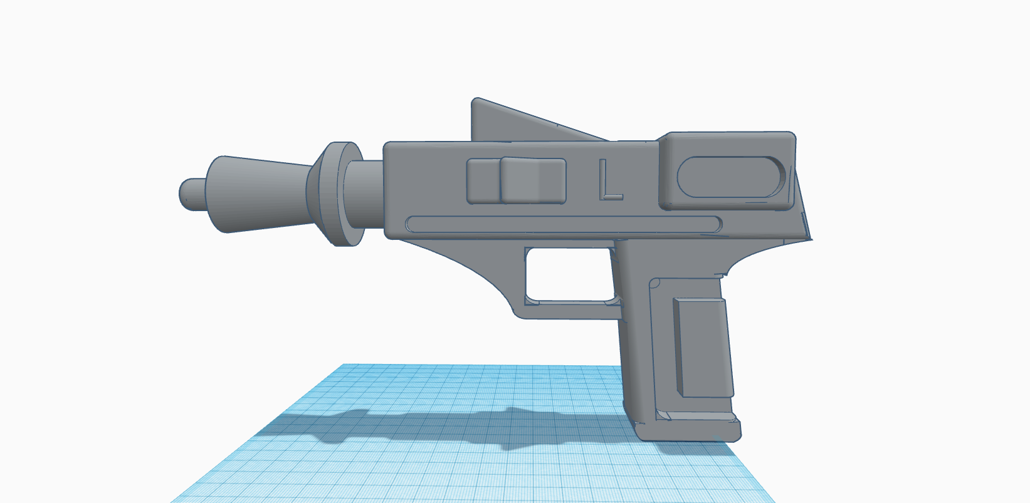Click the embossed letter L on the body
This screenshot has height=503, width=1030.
pos(610,180)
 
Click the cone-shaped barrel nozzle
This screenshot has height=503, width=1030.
pos(258,194)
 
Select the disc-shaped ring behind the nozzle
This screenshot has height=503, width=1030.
pos(340,194)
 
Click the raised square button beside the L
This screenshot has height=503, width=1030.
pos(533,180)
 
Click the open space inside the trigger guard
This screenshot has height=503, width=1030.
pos(569,275)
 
